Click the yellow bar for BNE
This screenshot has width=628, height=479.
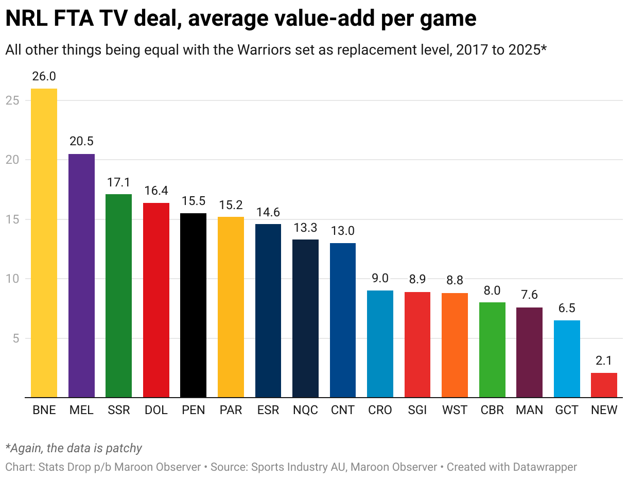click(44, 243)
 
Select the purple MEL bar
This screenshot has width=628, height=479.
click(81, 276)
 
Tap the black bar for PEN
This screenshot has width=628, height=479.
click(193, 305)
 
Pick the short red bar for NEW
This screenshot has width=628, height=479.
click(604, 385)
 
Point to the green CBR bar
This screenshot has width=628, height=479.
click(492, 350)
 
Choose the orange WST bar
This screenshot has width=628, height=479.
click(455, 345)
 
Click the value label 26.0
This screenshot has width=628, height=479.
click(44, 76)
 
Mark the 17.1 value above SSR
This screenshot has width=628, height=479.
click(118, 182)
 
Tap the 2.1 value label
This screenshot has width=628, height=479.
click(604, 361)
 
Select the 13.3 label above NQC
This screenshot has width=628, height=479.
click(305, 228)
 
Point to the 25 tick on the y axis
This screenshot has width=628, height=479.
click(13, 100)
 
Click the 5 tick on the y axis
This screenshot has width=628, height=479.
click(16, 338)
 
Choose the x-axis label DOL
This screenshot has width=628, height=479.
click(156, 410)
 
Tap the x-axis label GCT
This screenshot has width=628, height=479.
click(567, 410)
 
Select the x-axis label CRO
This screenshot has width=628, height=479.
click(380, 410)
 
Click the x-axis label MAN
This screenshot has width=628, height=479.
click(529, 410)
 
